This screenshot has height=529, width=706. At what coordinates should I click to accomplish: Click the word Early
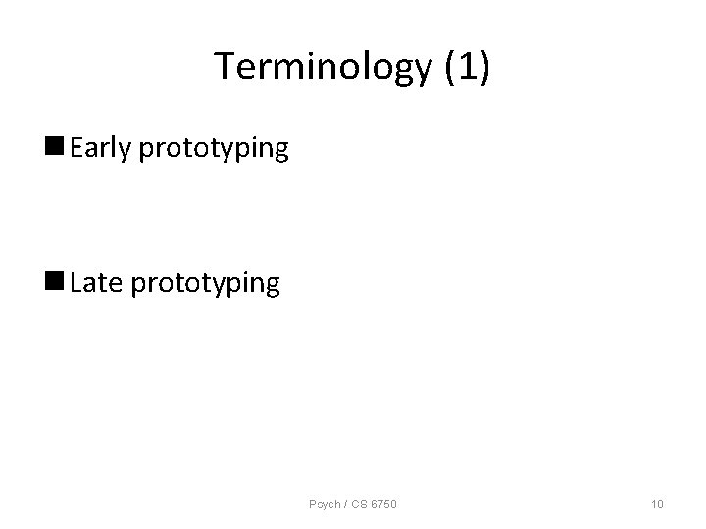[102, 148]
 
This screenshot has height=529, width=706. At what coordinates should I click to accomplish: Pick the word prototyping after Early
[214, 150]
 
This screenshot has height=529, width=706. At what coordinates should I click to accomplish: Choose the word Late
[97, 283]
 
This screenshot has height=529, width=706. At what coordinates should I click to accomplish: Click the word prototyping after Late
[205, 285]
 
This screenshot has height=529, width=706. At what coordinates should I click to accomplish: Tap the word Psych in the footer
[323, 505]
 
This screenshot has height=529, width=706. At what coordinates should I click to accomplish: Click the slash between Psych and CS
[343, 505]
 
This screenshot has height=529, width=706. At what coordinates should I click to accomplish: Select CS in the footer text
[356, 505]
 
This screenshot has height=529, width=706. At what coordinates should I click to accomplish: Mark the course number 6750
[383, 505]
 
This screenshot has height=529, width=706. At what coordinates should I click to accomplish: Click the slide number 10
[657, 505]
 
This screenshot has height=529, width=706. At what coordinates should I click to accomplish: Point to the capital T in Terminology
[223, 67]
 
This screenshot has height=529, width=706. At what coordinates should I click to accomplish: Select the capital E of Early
[77, 148]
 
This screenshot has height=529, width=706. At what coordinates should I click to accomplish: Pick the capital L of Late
[76, 283]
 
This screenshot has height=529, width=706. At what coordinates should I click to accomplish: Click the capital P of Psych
[311, 505]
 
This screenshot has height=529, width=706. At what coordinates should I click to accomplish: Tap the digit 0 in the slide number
[661, 505]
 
